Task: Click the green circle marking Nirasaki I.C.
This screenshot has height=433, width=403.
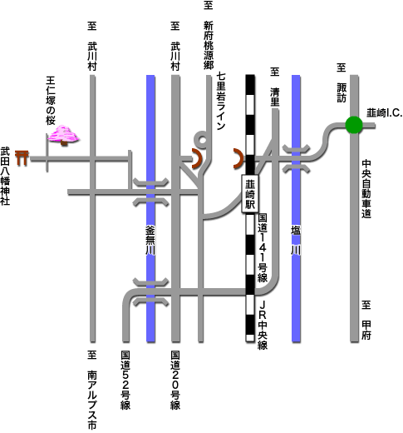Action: (354, 125)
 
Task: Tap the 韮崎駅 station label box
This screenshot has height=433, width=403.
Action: (250, 194)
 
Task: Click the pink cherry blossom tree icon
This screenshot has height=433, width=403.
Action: (64, 135)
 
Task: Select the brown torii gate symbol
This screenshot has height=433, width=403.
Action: (22, 157)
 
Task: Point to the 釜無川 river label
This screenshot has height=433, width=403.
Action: (150, 240)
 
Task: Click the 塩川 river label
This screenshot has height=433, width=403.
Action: (296, 240)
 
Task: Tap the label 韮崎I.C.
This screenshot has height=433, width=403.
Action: (385, 113)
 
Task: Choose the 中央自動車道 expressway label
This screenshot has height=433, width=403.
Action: (366, 189)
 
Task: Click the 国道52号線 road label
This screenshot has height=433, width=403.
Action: (125, 380)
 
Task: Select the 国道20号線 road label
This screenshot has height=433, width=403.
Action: (175, 380)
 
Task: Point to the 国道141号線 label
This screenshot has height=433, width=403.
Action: (263, 247)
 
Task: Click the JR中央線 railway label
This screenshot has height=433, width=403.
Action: (263, 325)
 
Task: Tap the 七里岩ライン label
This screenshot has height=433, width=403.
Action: (221, 101)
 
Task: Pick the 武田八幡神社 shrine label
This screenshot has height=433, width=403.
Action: (5, 176)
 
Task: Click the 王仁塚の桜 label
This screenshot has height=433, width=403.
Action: (51, 101)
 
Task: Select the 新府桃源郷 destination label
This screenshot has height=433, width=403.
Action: (209, 45)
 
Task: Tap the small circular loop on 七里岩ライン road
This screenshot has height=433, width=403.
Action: (203, 140)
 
